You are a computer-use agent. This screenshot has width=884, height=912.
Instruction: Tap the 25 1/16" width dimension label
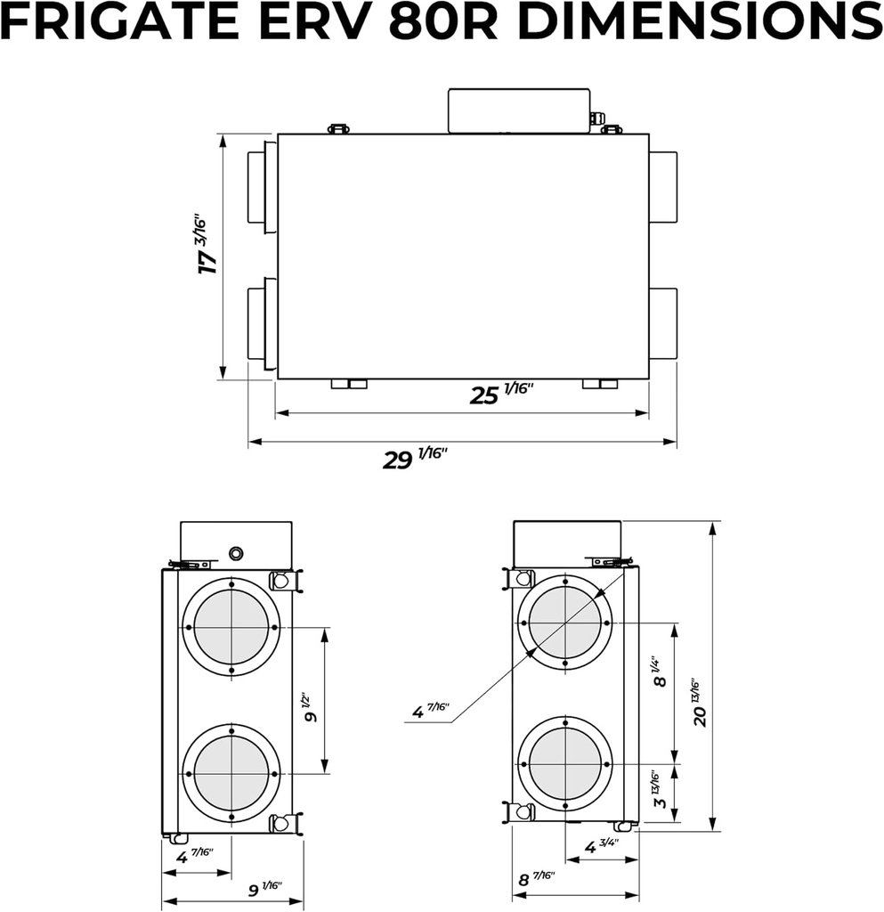coord(500,393)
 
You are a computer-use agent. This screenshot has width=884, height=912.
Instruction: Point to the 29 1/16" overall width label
coord(415,458)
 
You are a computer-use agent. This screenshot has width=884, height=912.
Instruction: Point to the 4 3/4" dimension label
coord(602,845)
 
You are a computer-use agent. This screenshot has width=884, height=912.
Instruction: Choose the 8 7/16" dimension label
coord(535,879)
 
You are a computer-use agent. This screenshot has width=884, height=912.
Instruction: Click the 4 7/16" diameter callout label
coord(430,710)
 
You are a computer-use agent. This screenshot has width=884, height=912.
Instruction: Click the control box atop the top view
coord(519,110)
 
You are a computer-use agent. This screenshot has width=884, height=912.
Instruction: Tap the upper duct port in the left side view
coord(231,627)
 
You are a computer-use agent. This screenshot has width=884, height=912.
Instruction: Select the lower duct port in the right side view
coord(564,763)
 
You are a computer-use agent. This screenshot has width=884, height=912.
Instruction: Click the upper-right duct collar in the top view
coord(662,188)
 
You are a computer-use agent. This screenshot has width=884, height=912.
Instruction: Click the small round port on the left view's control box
coord(236,554)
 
